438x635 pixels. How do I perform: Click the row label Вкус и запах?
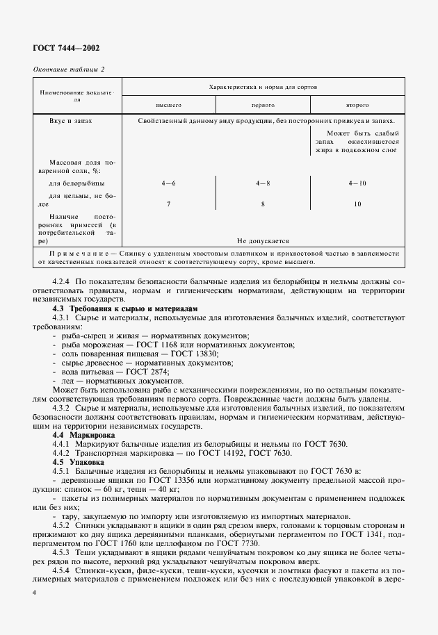tap(71, 120)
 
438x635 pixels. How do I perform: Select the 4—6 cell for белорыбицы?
tap(168, 183)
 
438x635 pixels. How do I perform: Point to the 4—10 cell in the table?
tap(357, 183)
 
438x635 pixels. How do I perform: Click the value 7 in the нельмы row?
tap(168, 204)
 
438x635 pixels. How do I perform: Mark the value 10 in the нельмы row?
tap(357, 204)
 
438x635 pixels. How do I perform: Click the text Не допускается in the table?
tap(263, 240)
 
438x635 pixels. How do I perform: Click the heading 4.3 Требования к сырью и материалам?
tap(126, 307)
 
